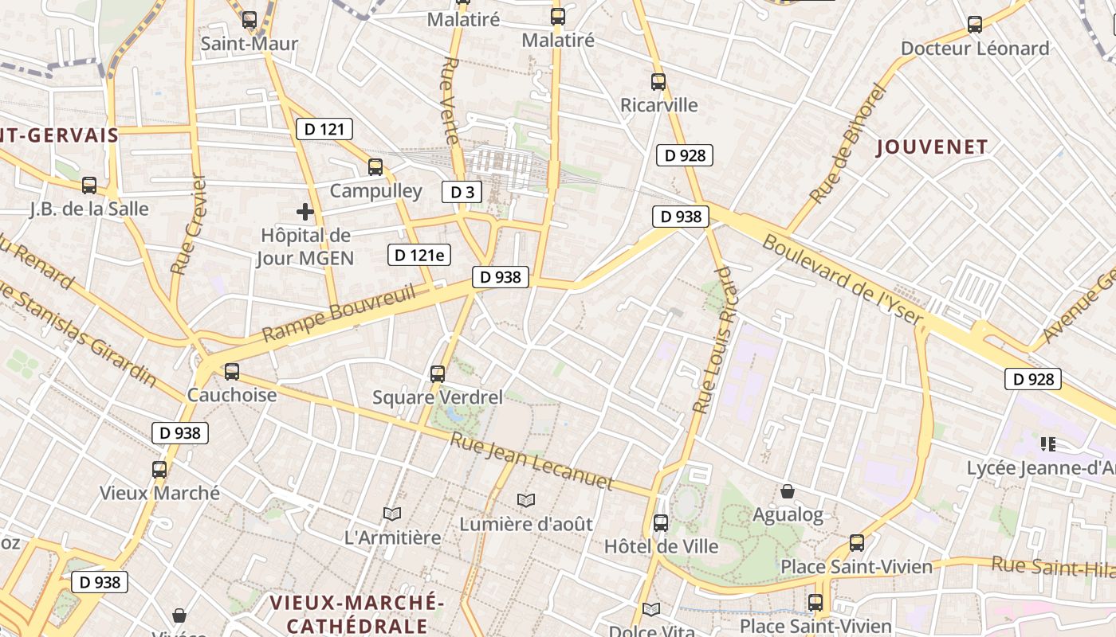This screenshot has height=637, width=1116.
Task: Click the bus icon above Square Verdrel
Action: (x=437, y=373)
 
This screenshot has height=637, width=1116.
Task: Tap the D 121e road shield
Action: (x=419, y=255)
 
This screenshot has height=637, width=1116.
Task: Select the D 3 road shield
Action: (x=462, y=192)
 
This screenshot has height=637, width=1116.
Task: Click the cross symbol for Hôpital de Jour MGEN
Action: (x=305, y=212)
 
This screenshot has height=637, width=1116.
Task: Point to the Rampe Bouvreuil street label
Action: (x=339, y=314)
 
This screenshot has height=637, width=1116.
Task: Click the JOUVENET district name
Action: (x=932, y=147)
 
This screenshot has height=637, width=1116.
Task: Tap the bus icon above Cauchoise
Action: (x=232, y=371)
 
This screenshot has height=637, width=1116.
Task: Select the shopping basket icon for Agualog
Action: (x=788, y=491)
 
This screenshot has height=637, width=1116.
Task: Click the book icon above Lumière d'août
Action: (x=525, y=500)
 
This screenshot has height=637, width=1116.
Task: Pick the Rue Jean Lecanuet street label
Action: (x=532, y=461)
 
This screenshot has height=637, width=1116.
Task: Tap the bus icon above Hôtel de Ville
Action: (x=661, y=522)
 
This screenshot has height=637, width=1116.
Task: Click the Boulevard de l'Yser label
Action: (x=843, y=280)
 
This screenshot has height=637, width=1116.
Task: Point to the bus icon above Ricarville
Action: (x=658, y=81)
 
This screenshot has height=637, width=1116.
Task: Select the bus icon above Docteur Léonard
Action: (x=974, y=24)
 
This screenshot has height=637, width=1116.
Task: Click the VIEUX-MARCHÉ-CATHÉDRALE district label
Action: (x=356, y=613)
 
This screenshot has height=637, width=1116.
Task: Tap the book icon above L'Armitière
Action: (x=391, y=514)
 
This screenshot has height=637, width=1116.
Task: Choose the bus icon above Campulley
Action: (x=375, y=166)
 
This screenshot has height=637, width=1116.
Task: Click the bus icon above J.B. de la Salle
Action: (x=89, y=185)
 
